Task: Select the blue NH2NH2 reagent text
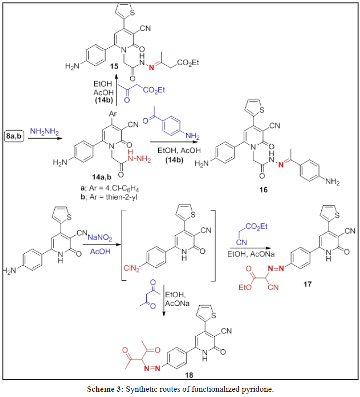coord(44,130)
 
